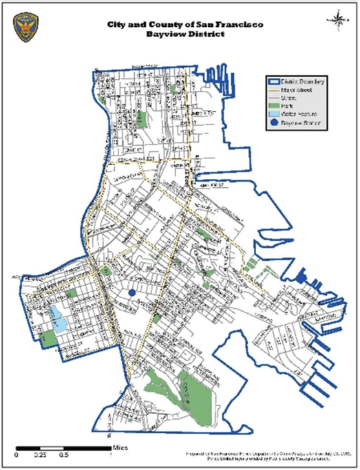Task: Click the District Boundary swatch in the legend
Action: (x=275, y=81)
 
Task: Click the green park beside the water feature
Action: (x=48, y=337)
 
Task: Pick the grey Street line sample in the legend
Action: (x=275, y=98)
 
